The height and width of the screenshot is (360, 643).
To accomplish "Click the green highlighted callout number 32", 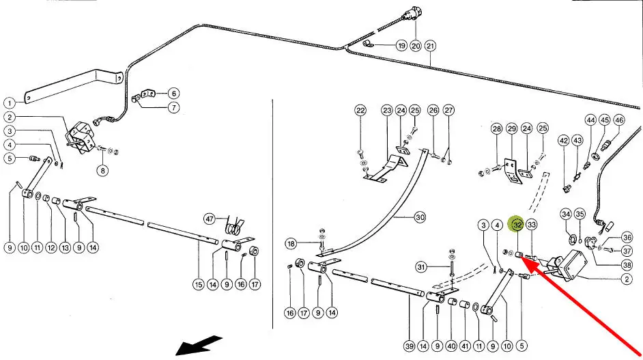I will click(517, 224).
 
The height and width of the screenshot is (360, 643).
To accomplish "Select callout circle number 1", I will click(10, 102).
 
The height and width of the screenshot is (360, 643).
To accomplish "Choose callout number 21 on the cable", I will click(430, 46).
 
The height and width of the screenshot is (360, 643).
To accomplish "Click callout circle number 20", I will click(416, 46).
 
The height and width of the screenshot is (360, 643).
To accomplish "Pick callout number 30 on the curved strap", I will click(420, 217).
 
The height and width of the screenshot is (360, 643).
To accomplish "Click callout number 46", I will click(619, 120).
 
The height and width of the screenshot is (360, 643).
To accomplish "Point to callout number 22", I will click(360, 111).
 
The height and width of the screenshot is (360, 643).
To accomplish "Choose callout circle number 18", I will click(291, 244).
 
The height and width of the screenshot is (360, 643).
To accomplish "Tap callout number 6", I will click(173, 94).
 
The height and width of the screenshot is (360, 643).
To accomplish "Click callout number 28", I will click(496, 128).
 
